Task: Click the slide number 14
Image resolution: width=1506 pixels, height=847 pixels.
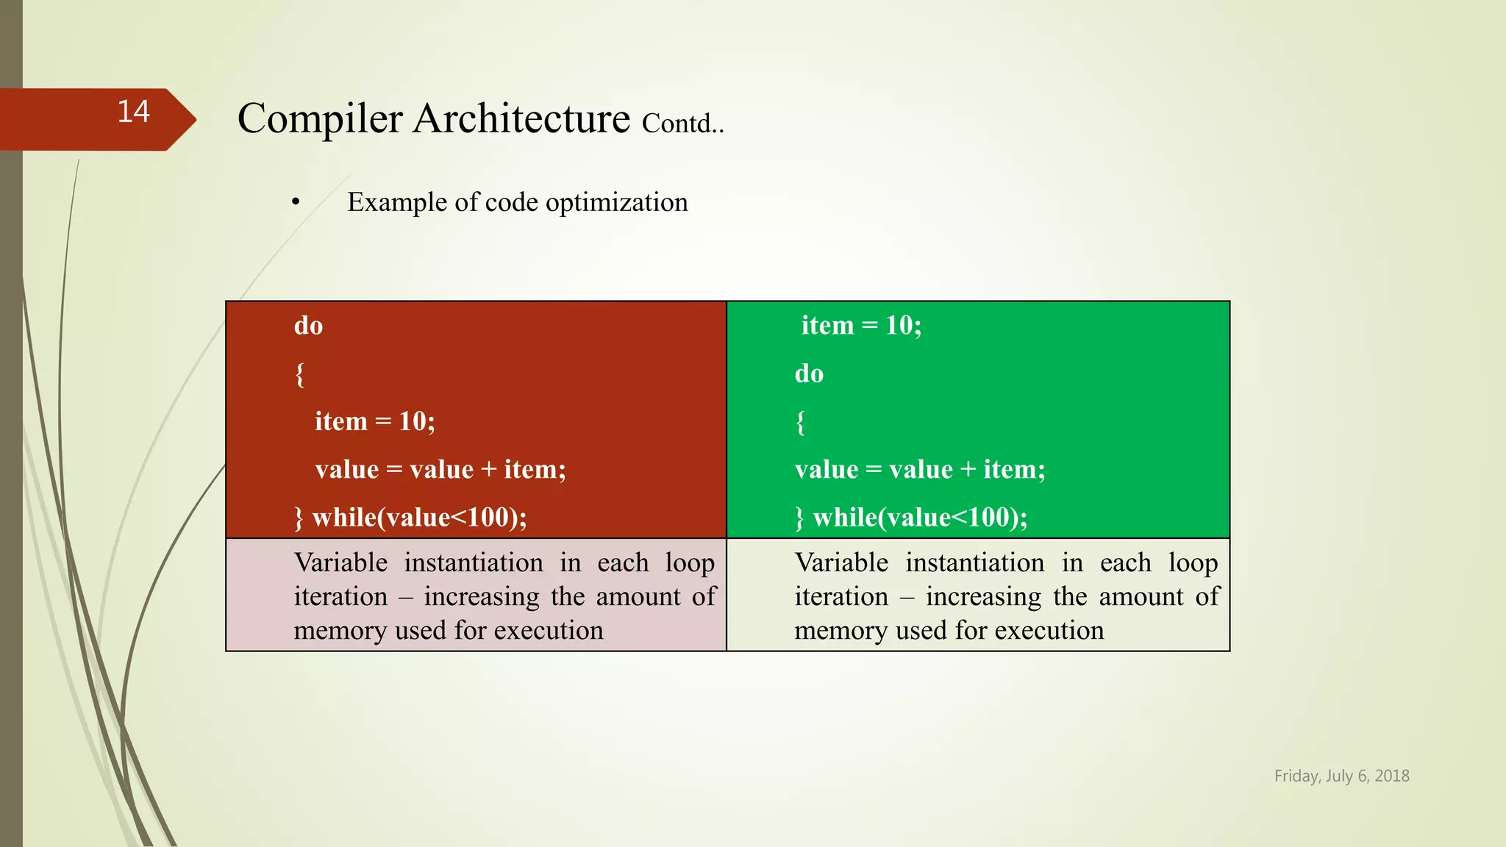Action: click(133, 112)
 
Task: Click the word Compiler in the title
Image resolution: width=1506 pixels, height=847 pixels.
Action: click(320, 118)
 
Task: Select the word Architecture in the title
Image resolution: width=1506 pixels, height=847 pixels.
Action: click(521, 118)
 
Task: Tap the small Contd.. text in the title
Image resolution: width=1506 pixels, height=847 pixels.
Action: click(682, 124)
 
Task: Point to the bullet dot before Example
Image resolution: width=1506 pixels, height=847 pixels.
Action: click(296, 202)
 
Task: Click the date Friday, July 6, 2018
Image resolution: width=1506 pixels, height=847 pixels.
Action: click(1341, 776)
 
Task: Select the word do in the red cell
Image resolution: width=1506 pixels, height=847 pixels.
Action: click(308, 326)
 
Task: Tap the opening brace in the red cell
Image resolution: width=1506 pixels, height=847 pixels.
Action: click(299, 374)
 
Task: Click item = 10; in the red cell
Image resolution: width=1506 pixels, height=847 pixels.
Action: click(375, 421)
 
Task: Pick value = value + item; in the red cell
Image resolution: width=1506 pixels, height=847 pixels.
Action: click(440, 469)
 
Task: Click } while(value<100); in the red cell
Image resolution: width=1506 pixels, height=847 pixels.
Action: click(410, 518)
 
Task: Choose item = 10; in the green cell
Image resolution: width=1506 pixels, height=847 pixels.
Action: click(861, 325)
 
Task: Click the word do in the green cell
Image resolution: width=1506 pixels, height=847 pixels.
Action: click(809, 374)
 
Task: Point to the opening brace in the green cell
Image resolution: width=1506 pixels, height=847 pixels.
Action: click(800, 423)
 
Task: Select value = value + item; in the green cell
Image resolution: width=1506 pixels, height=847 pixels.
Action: click(920, 469)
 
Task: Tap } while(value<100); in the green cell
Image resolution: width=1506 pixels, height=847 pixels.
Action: click(911, 518)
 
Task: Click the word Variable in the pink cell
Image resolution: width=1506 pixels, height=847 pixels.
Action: click(340, 562)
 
